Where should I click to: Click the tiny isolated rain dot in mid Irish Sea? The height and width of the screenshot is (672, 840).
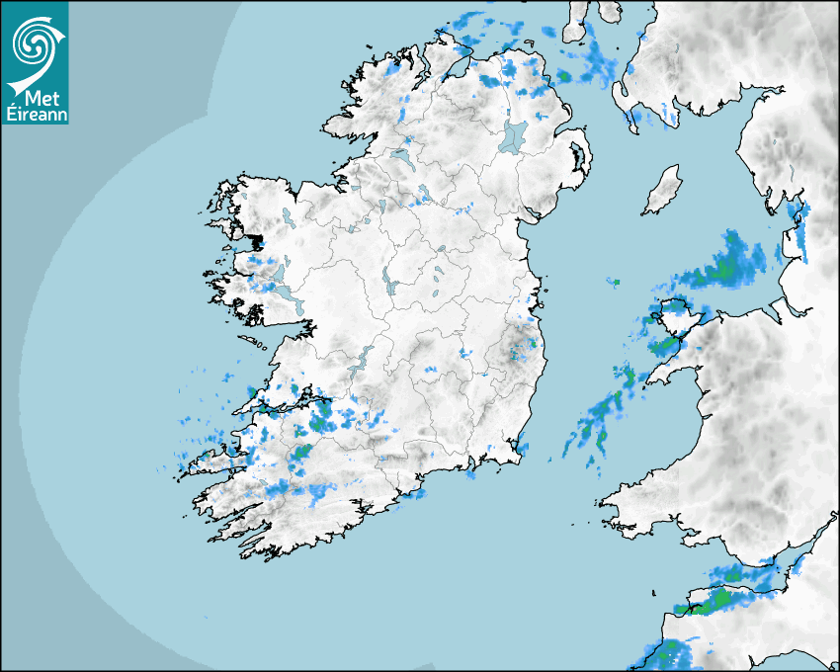tap(613, 283)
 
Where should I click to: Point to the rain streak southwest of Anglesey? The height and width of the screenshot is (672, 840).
tap(598, 420)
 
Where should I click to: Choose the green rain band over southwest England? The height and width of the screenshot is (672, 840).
tap(716, 597)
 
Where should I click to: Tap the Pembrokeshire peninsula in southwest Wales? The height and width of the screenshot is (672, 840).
tap(632, 499)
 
